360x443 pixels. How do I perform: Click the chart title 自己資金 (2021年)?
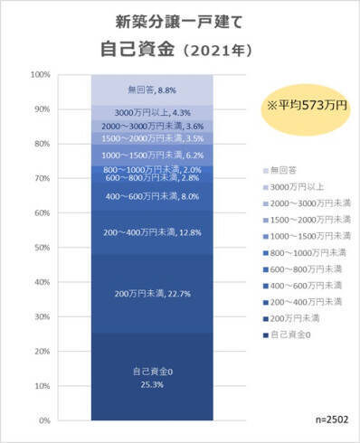(180, 48)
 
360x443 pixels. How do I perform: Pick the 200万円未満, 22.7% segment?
(152, 292)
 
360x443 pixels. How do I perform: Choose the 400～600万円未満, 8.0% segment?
(152, 196)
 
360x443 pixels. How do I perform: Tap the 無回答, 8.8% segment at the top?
(152, 90)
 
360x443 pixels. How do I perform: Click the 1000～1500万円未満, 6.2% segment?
(152, 155)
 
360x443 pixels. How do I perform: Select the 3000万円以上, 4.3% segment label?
(152, 112)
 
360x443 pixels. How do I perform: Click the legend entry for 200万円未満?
(289, 320)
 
